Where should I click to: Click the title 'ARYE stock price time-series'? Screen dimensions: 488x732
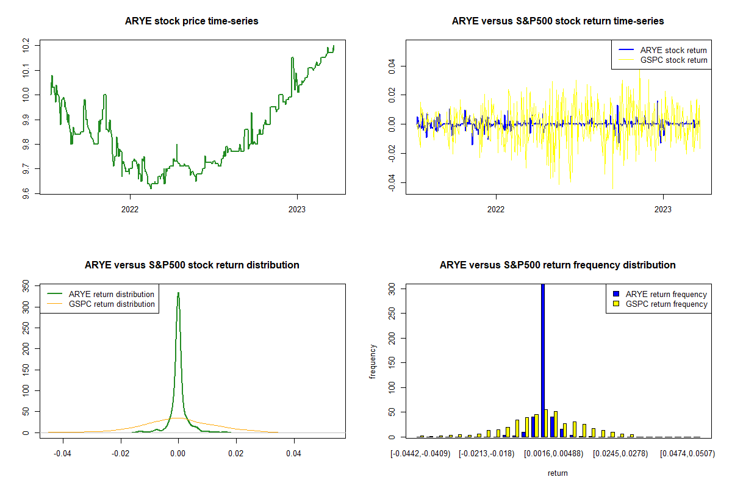point(192,21)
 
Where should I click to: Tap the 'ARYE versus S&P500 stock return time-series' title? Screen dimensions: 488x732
point(558,21)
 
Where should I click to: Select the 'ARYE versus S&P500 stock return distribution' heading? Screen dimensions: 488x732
point(192,265)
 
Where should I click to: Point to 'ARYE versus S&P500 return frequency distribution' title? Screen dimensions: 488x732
point(558,265)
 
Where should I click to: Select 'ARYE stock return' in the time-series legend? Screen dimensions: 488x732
point(673,50)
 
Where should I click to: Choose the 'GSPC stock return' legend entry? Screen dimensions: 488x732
point(673,60)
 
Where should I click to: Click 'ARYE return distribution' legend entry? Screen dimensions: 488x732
point(112,294)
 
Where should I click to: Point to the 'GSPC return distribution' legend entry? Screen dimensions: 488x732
point(112,304)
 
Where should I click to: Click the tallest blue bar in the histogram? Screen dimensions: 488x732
point(543,360)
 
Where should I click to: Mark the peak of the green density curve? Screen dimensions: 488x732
point(178,293)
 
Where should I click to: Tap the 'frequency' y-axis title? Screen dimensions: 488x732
point(373,362)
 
